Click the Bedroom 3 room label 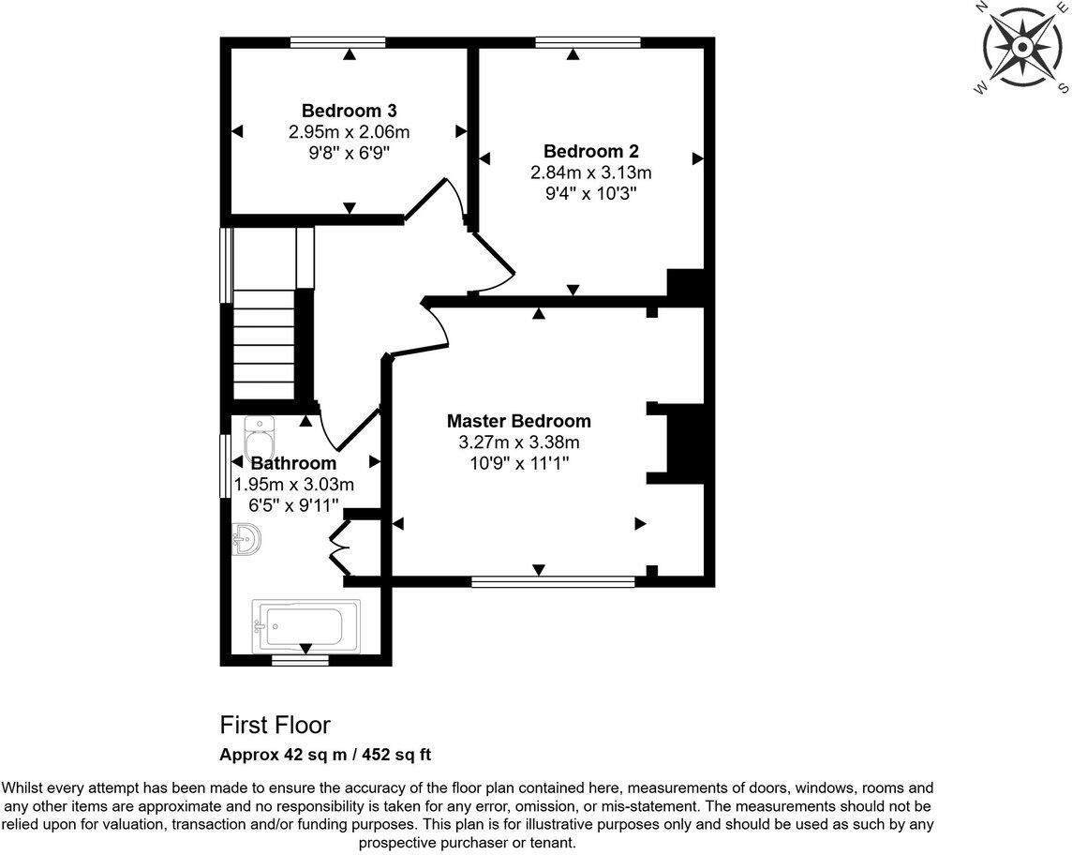click(349, 110)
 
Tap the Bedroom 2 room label click(590, 151)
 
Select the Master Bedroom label click(519, 421)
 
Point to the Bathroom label click(293, 463)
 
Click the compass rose click(1022, 47)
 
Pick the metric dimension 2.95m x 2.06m click(349, 131)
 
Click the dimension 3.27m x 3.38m click(519, 442)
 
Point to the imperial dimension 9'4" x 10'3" click(590, 193)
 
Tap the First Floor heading click(275, 725)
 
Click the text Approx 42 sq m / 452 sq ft click(325, 755)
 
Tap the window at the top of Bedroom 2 click(588, 42)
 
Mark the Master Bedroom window click(553, 582)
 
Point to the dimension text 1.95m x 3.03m click(293, 485)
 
